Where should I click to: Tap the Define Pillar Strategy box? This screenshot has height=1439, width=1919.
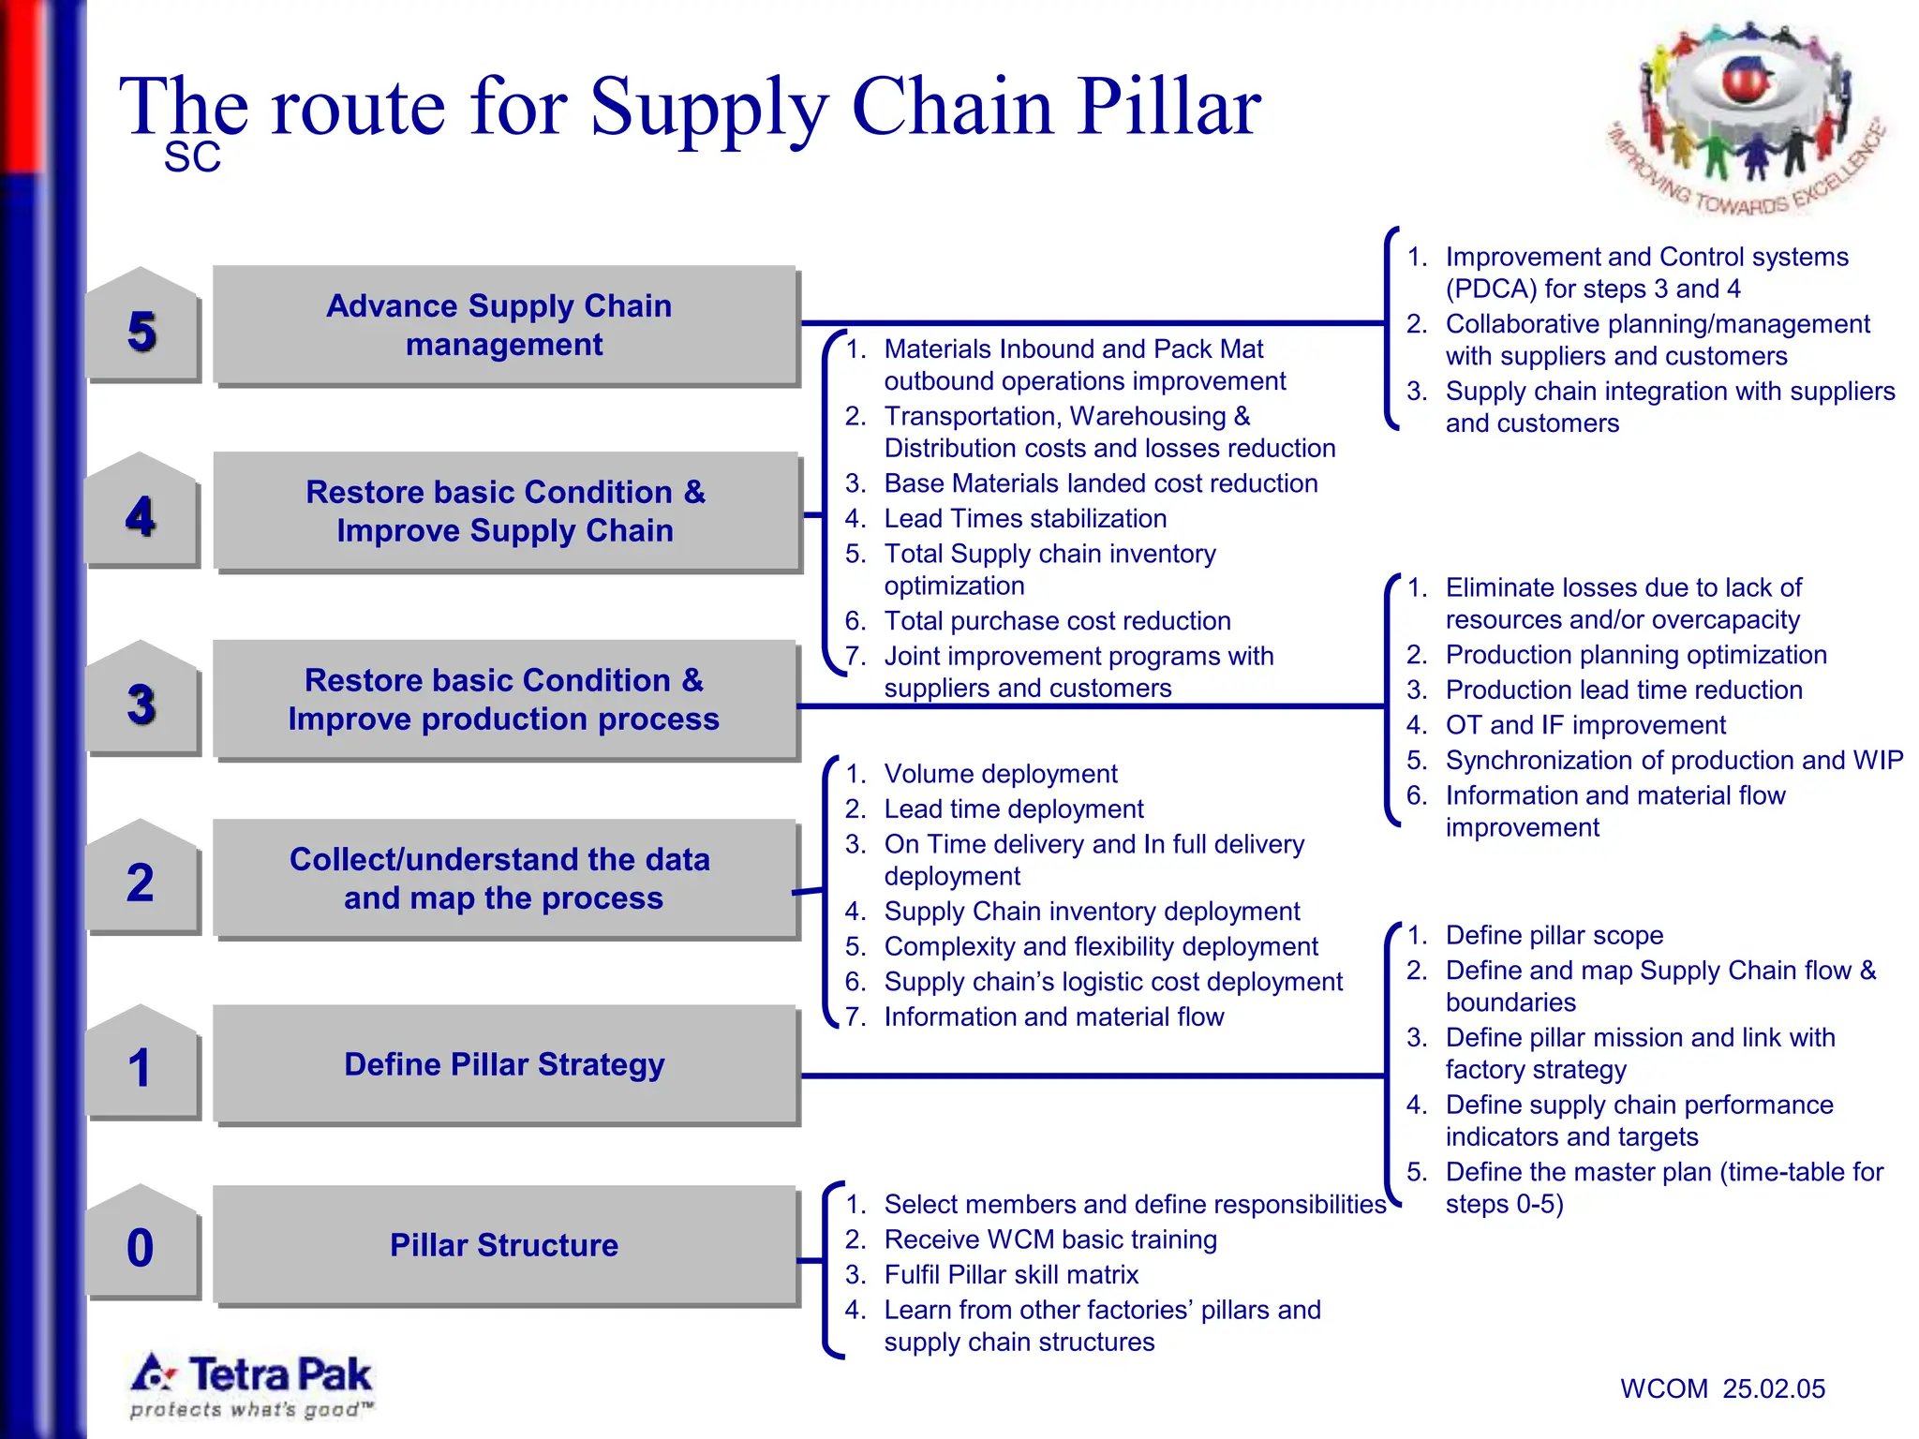(505, 1064)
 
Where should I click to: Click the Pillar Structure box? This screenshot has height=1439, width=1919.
(505, 1245)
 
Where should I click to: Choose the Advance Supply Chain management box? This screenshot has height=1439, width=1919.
(505, 325)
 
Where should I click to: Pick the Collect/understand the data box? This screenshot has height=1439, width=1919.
(505, 879)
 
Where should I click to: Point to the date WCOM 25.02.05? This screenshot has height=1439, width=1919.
(1722, 1388)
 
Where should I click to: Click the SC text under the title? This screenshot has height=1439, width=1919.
(192, 157)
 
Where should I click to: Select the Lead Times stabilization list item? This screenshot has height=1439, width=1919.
(1025, 518)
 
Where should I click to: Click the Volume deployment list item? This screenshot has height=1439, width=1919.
(1000, 774)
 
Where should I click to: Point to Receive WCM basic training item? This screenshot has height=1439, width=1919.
(1049, 1239)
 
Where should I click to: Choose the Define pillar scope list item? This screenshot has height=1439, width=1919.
(1554, 935)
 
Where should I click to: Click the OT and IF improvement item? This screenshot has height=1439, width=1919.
(1584, 725)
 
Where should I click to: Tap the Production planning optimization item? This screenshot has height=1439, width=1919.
(1635, 655)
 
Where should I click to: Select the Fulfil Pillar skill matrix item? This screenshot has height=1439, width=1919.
(1010, 1274)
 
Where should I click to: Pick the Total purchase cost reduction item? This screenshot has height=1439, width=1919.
(1056, 620)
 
